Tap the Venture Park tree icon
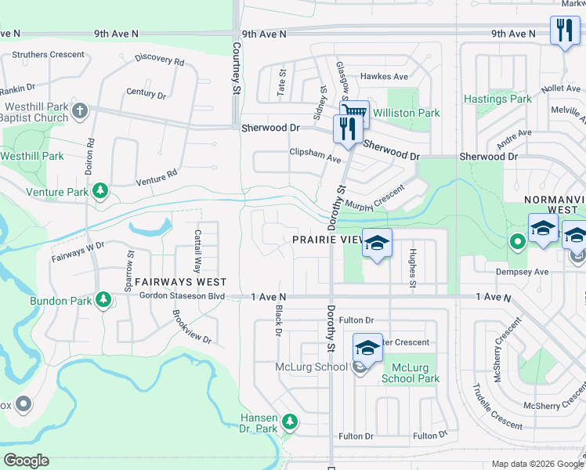100,191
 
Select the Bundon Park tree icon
103,299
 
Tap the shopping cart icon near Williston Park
355,113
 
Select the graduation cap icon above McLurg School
367,346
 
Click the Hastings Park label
497,99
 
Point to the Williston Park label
406,114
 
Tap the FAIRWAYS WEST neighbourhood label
180,282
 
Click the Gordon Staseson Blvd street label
182,297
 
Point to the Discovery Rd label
159,59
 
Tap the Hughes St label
411,268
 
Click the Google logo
26,461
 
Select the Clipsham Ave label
315,154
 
